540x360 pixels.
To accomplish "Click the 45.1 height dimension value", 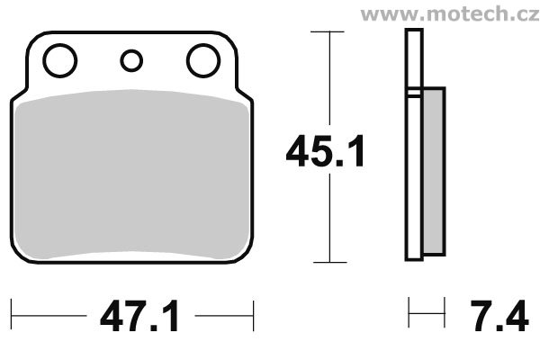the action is (x=325, y=151).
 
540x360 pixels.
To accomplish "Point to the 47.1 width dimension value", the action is (x=139, y=315).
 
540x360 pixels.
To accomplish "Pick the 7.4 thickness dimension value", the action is (x=499, y=315).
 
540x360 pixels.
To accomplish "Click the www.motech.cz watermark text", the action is (x=450, y=14).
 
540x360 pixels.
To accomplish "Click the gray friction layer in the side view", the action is (x=434, y=171).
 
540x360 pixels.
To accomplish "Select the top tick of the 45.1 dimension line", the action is (x=328, y=31).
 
